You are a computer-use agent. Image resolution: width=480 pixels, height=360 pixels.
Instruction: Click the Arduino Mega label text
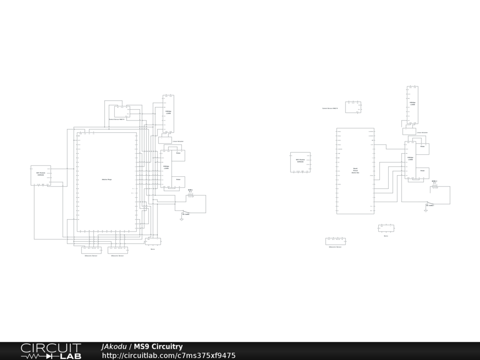107,180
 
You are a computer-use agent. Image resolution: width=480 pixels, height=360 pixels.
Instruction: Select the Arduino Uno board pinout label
355,171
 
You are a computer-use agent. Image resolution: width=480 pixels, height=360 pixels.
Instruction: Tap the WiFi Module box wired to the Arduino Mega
41,175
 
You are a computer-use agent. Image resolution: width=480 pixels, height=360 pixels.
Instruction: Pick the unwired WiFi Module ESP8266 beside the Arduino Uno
300,162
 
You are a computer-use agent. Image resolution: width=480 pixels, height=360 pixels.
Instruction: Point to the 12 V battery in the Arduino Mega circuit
190,195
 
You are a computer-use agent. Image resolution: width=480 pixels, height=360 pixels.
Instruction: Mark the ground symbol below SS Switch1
426,211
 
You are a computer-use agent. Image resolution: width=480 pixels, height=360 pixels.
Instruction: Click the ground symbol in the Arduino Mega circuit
181,219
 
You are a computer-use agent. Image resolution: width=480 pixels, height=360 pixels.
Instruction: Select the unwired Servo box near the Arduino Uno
386,228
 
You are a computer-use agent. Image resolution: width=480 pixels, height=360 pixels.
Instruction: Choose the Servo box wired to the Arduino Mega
153,241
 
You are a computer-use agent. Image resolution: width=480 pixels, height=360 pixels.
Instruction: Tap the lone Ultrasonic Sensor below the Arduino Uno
336,241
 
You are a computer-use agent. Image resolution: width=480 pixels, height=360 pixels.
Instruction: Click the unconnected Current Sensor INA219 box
353,107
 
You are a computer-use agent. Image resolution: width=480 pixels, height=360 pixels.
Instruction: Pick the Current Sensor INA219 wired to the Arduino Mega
122,112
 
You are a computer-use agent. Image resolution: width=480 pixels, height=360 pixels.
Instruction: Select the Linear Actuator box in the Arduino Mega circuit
165,140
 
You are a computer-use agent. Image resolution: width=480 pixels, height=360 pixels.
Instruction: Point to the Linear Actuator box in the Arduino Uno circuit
409,131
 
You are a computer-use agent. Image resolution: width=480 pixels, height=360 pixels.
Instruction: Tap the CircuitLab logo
51,351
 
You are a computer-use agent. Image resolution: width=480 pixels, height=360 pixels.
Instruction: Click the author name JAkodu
114,347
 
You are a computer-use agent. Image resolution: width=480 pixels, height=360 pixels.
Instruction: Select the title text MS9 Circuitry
158,347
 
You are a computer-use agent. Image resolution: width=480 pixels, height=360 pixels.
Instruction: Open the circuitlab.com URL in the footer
169,356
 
